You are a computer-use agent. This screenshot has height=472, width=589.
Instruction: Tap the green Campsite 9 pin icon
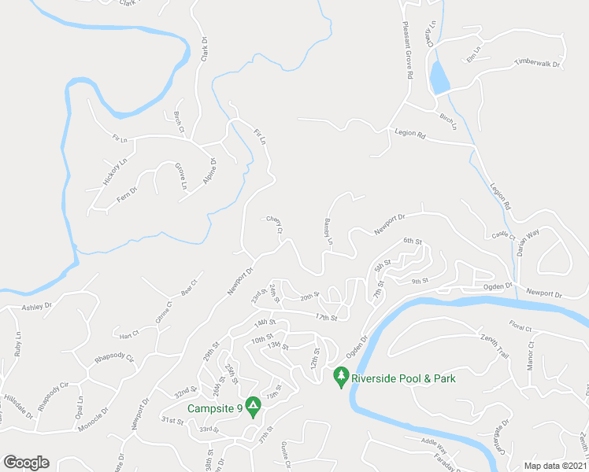point(253,406)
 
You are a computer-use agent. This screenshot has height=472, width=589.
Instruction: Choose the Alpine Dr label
point(209,170)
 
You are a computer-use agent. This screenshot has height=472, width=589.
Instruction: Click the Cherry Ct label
point(274,224)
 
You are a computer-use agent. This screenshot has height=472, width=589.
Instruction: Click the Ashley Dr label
point(36,307)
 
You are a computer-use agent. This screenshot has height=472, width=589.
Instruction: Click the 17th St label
point(325,318)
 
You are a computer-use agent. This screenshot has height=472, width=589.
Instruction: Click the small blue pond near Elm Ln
point(439,78)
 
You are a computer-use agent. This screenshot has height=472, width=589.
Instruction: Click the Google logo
point(26,463)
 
